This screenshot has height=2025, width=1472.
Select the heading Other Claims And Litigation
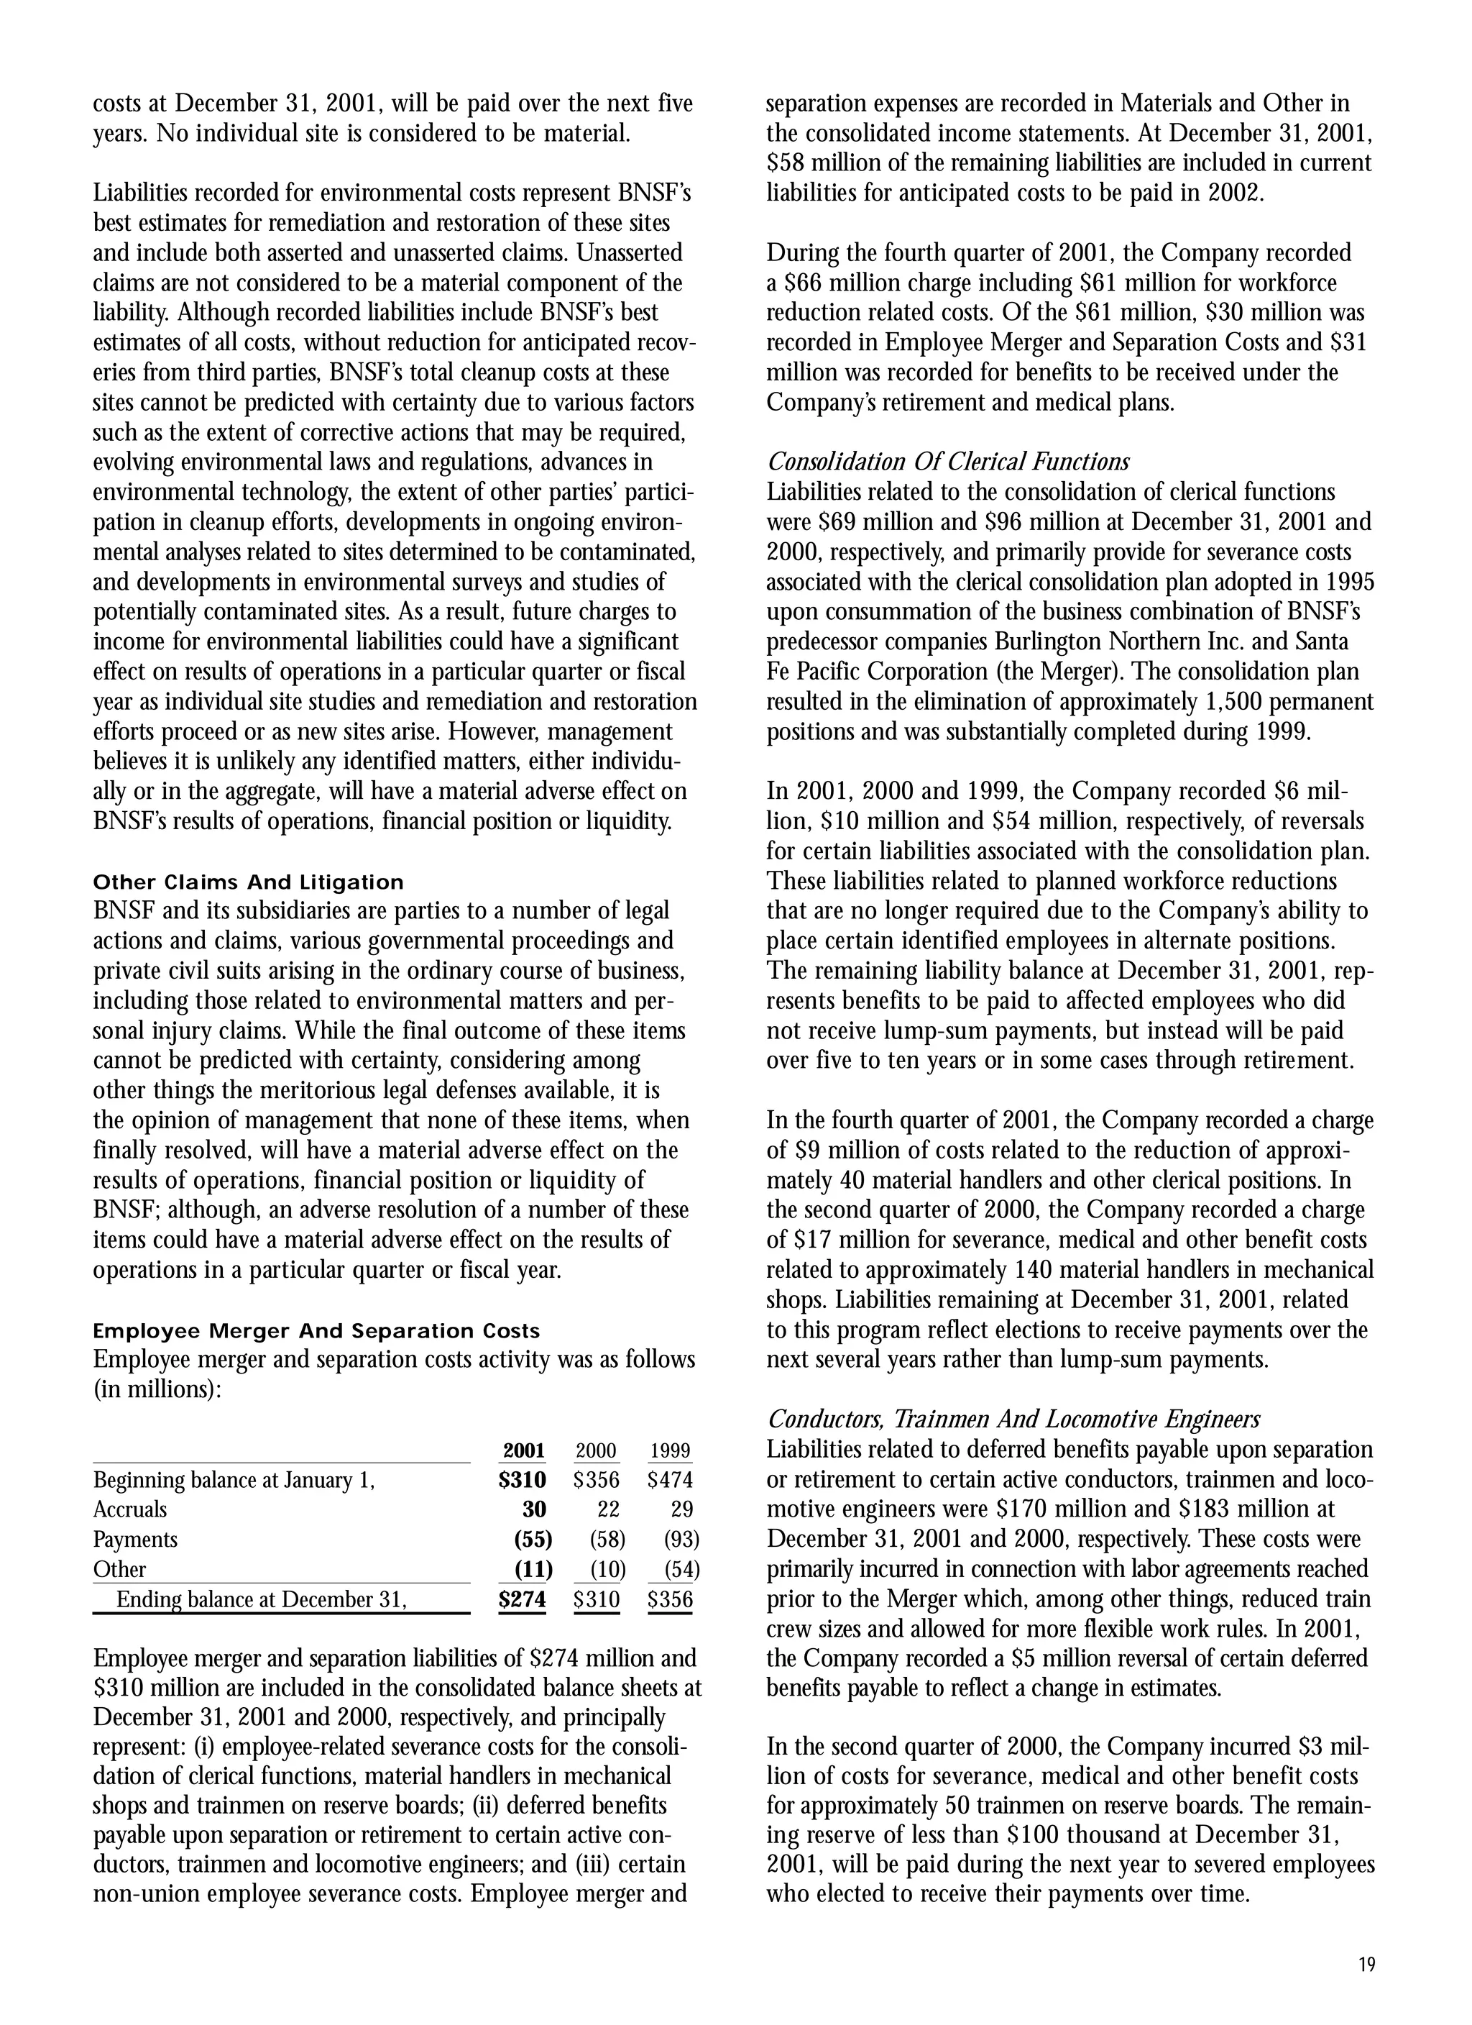248,882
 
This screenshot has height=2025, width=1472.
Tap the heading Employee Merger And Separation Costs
316,1331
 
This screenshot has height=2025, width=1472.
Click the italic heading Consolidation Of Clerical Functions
947,462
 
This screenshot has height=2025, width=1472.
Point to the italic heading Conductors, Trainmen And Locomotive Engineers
1013,1419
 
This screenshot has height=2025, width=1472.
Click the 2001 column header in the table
524,1451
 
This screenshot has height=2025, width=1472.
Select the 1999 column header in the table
671,1451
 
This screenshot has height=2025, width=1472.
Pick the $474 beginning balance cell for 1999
671,1481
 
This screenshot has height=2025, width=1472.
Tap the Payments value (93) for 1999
682,1540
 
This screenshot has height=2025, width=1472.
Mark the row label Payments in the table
135,1540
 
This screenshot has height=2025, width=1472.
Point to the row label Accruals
129,1510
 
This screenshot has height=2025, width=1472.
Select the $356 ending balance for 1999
671,1599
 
